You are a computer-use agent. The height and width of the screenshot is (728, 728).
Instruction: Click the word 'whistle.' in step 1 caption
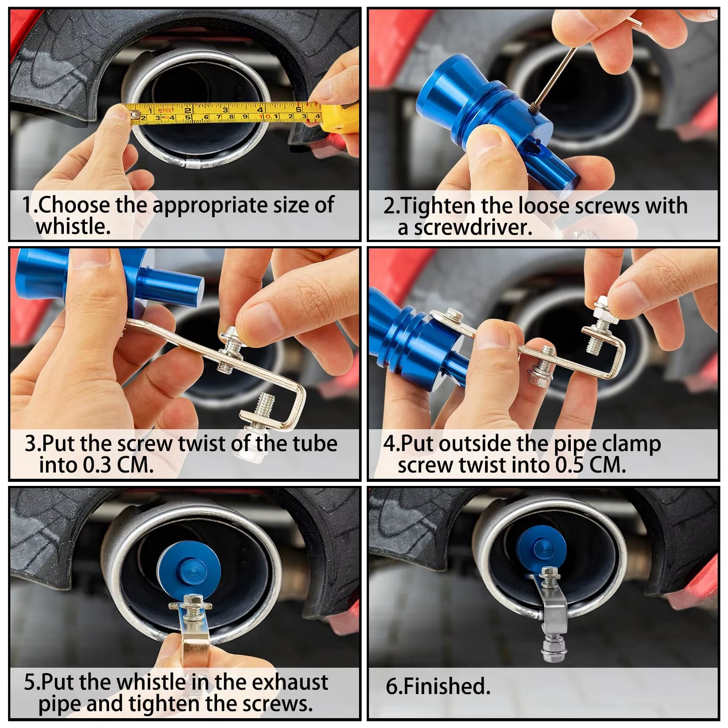[73, 226]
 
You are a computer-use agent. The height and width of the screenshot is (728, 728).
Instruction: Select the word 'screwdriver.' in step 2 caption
[473, 228]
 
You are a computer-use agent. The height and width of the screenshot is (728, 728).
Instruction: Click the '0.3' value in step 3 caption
[98, 465]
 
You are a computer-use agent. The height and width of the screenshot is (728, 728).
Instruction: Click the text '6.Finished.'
[438, 686]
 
